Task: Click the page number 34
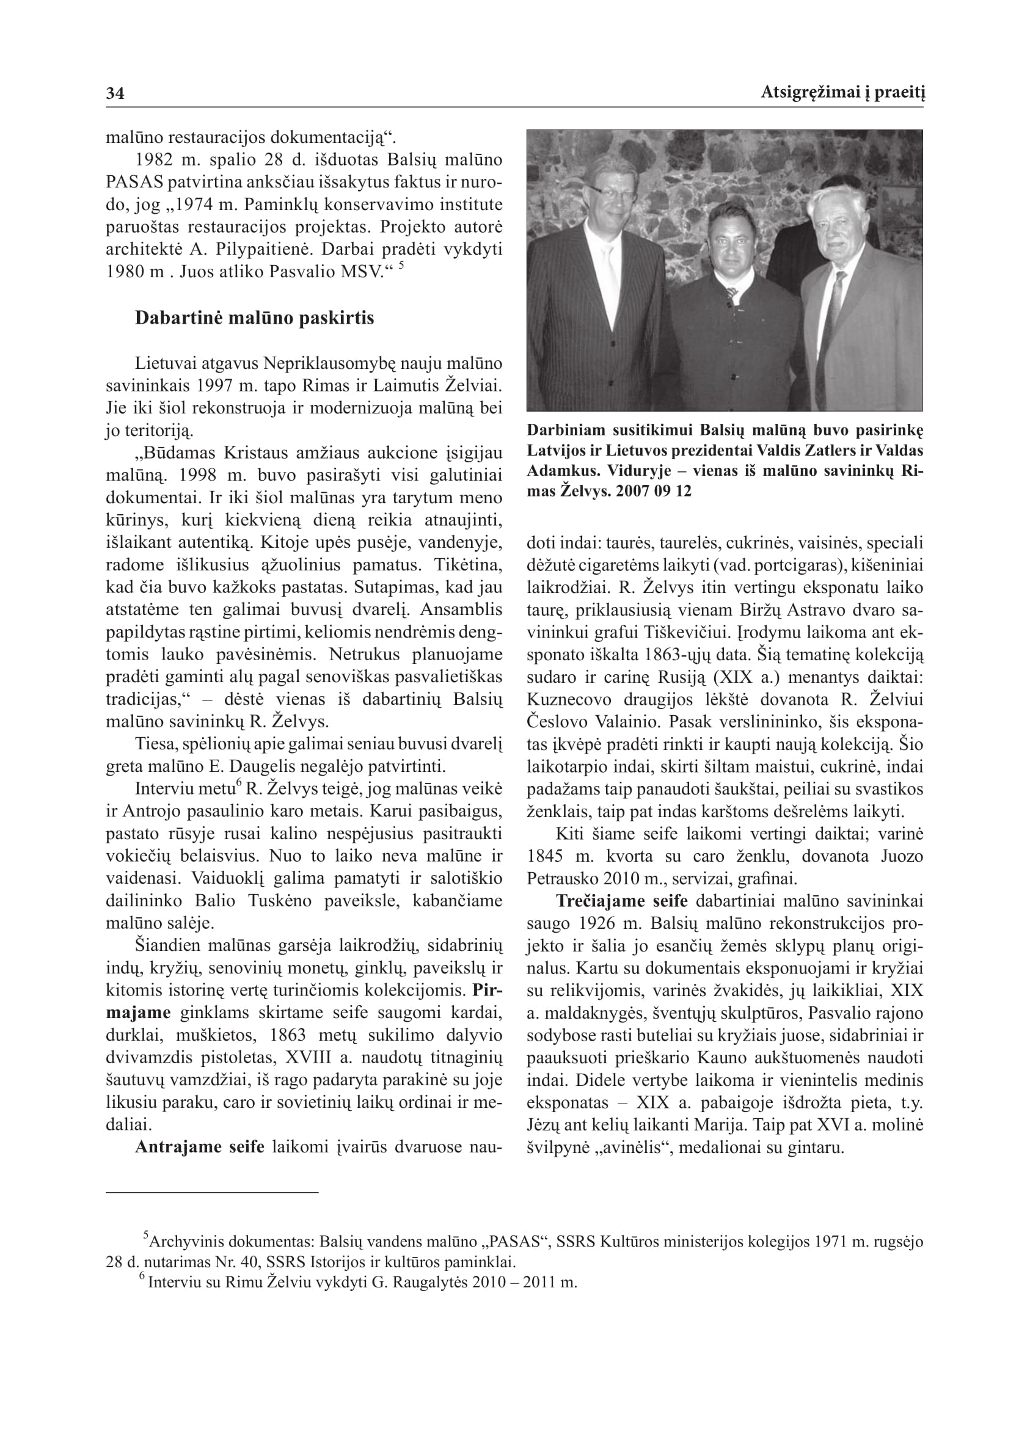coord(115,94)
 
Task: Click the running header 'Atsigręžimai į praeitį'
coord(842,93)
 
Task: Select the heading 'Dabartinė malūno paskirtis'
coord(254,318)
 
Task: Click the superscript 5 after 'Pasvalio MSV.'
coord(401,267)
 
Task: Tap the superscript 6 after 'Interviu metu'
coord(239,784)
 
